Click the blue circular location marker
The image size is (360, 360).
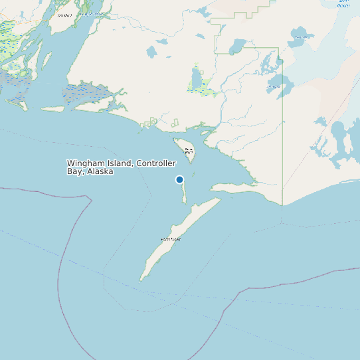(179, 179)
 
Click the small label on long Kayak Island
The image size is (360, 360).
(170, 239)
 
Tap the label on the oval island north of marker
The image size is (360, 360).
(189, 150)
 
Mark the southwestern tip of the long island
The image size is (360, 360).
(141, 278)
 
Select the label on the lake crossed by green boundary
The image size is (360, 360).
(273, 86)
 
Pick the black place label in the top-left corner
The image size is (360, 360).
(64, 15)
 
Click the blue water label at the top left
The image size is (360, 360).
(92, 13)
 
